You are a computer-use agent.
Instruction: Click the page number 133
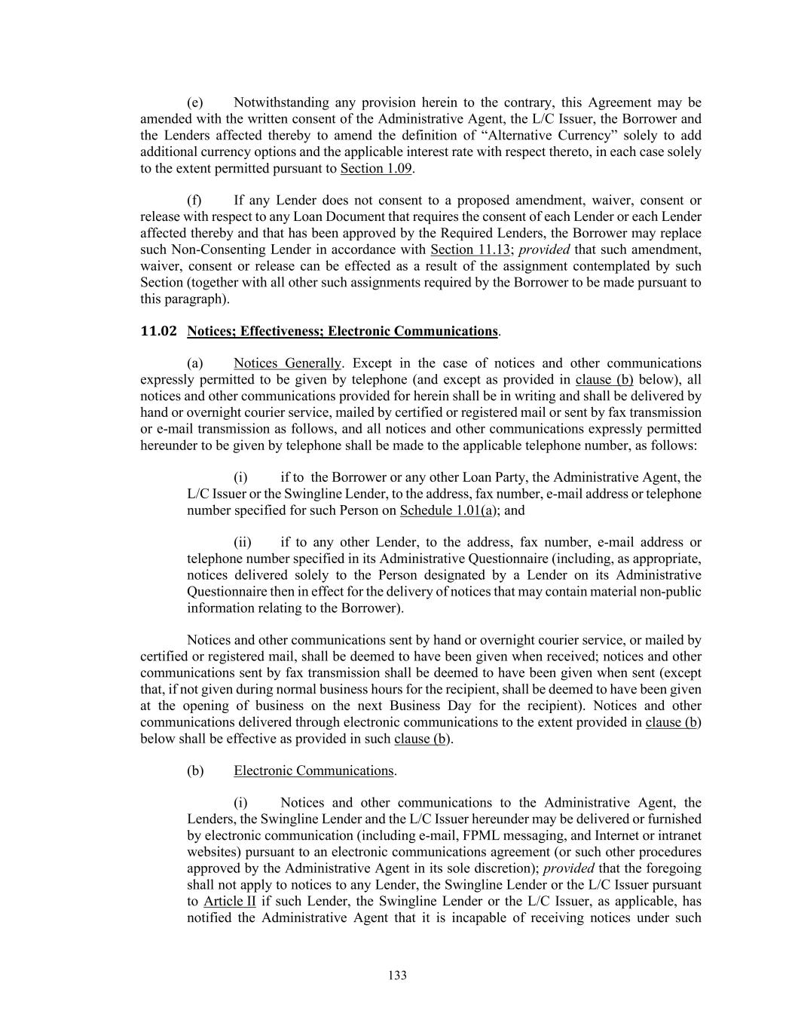[397, 975]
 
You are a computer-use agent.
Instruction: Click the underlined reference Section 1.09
[375, 168]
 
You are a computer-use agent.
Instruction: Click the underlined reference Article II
[230, 902]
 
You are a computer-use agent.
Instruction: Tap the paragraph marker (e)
[195, 103]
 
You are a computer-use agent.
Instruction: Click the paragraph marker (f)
[194, 201]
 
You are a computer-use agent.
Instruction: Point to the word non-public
[671, 592]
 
